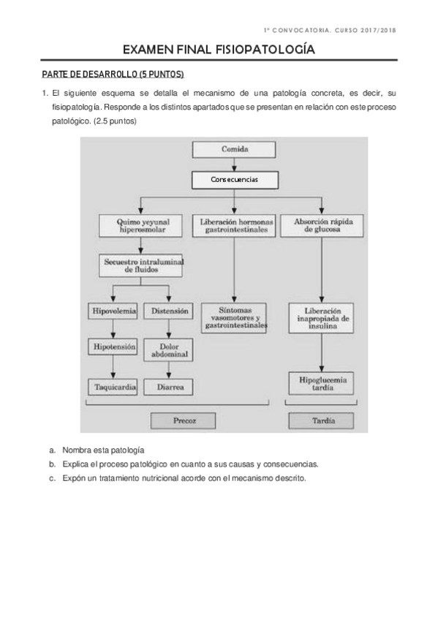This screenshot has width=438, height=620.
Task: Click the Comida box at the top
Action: tap(234, 150)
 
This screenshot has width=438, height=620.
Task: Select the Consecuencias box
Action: tap(234, 179)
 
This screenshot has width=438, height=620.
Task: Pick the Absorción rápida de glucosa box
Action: tap(321, 224)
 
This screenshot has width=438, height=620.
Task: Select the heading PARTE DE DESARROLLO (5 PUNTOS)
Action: tap(113, 75)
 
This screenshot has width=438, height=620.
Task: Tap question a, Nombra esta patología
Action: tap(103, 450)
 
